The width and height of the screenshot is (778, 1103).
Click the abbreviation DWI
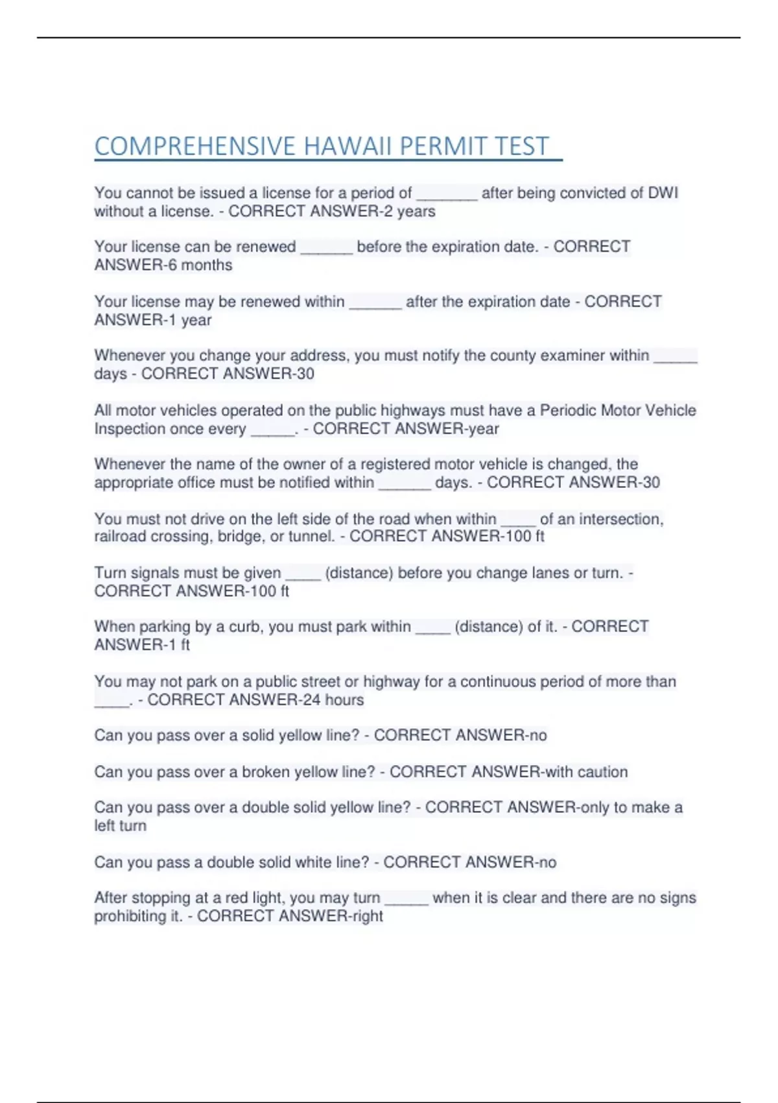coord(663,193)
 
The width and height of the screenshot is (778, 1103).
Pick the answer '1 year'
coord(187,320)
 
